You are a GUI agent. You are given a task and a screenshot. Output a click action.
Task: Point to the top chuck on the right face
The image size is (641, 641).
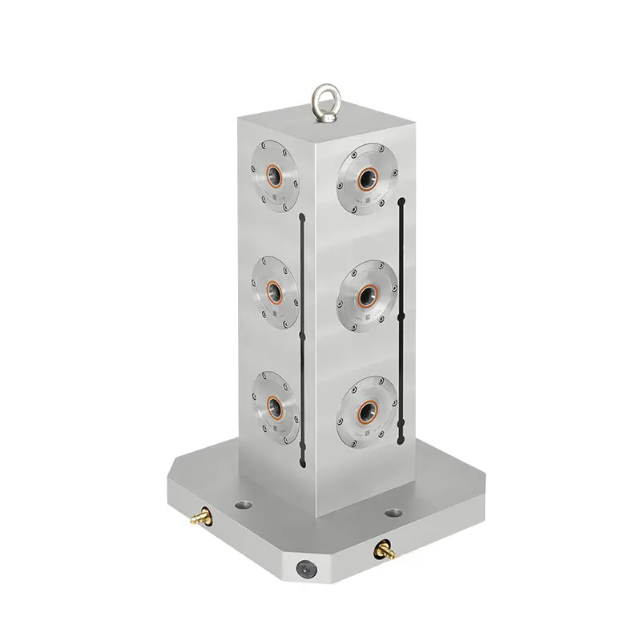pos(368,178)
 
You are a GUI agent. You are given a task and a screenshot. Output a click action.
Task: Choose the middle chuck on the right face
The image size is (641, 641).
pos(367,293)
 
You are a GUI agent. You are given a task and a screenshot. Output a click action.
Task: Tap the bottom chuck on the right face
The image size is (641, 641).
pos(367,407)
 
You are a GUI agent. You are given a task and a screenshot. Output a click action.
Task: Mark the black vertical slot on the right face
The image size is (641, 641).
pos(400,329)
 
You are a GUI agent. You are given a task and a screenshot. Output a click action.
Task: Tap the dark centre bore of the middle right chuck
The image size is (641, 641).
pos(368,292)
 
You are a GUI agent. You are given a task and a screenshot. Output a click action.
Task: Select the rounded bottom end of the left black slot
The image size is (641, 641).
pos(301,462)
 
